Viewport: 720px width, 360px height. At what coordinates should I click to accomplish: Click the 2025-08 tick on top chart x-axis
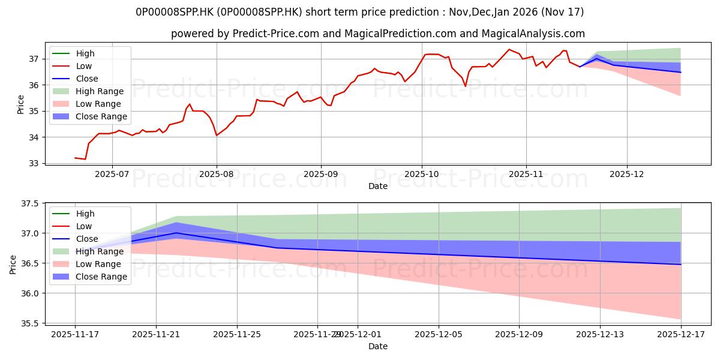[217, 173]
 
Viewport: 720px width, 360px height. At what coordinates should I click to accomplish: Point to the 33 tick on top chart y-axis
[35, 163]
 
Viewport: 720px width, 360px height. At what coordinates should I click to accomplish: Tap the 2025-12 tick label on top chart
[627, 173]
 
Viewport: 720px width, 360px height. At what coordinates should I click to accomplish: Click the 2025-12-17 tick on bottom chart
[681, 334]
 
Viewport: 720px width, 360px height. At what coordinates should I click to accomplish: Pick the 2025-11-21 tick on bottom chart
[156, 334]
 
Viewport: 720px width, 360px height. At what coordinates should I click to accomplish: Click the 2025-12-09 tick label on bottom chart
[520, 334]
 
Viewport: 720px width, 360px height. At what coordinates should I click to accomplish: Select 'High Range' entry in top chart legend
[99, 91]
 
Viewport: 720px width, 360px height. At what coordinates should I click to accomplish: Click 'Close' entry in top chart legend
[87, 79]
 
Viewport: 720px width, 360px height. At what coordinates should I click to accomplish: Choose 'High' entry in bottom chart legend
[85, 214]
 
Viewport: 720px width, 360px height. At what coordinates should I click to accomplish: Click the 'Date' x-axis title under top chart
[378, 186]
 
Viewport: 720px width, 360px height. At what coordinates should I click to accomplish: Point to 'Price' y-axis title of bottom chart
[13, 264]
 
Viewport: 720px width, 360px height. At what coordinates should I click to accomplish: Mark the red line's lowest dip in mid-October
[465, 86]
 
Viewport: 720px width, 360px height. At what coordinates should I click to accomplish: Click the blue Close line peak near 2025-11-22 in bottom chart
[176, 233]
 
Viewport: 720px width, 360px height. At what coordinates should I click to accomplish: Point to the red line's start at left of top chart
[75, 158]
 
